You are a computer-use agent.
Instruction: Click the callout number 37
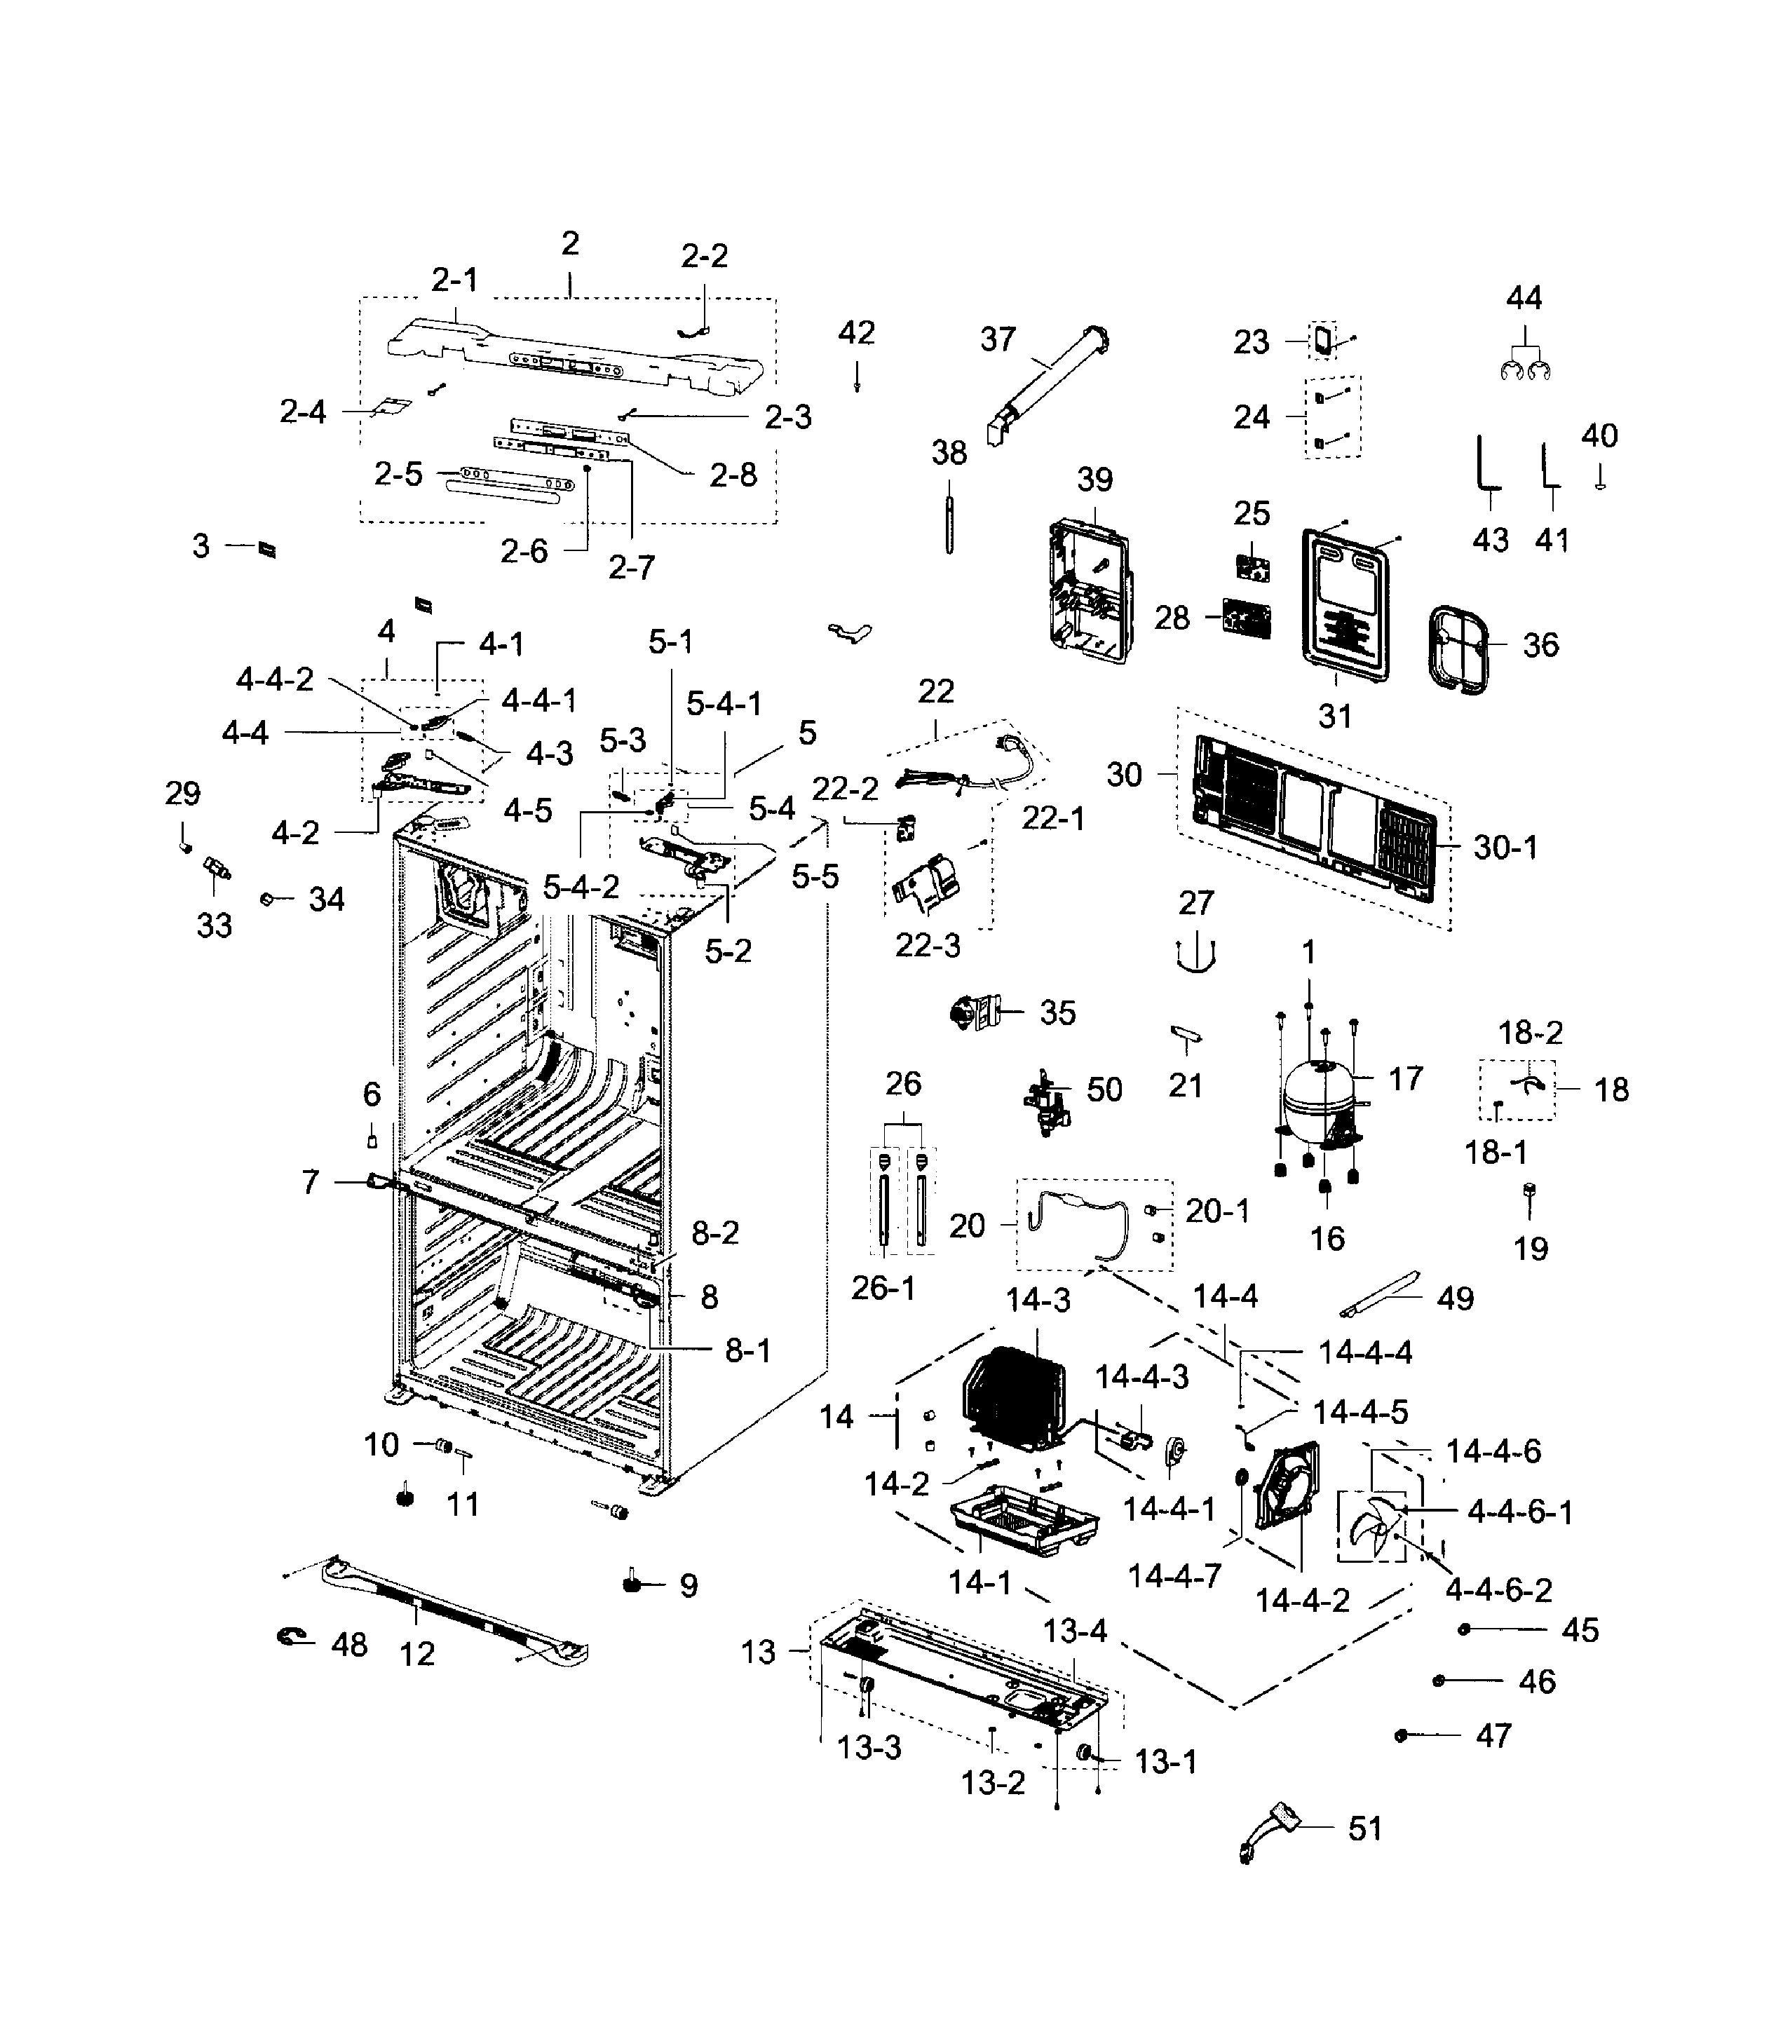coord(998,339)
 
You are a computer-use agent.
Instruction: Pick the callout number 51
coord(1364,1828)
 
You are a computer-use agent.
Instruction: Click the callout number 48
coord(348,1644)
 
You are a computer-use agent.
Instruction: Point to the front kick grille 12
coord(452,1608)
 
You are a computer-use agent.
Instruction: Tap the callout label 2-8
coord(733,475)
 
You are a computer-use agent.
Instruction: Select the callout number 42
coord(856,332)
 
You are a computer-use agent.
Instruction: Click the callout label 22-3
coord(927,945)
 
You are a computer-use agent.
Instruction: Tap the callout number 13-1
coord(1165,1762)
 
